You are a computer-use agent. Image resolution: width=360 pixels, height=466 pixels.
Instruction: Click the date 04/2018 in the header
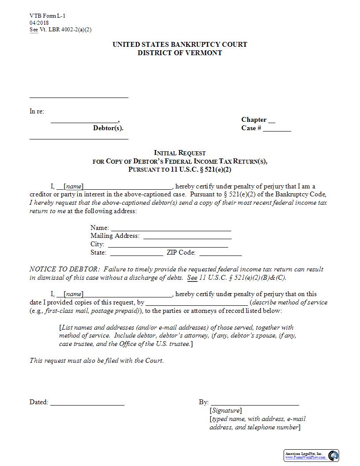[39, 23]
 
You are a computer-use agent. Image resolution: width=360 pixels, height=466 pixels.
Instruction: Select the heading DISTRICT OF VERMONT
[180, 53]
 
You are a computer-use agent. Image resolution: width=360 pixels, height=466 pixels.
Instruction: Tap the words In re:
[37, 112]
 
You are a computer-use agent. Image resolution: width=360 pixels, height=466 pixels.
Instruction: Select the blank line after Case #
[277, 129]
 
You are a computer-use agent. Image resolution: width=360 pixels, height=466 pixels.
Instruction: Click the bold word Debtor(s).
[108, 128]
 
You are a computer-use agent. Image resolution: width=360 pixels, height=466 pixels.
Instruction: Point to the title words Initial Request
[180, 153]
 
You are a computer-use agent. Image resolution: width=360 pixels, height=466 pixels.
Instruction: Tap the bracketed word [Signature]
[225, 410]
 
